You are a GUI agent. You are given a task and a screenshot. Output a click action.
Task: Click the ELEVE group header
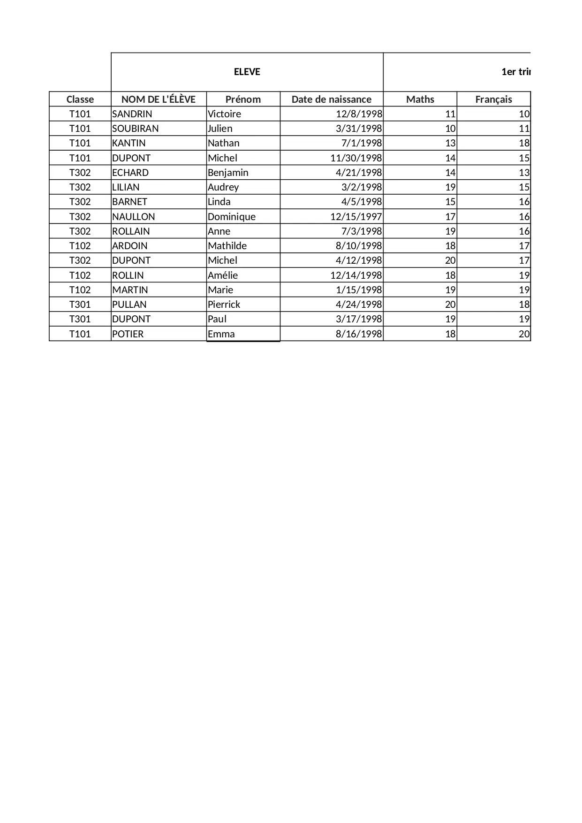click(x=247, y=72)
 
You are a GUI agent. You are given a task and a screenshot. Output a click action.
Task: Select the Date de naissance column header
click(x=331, y=99)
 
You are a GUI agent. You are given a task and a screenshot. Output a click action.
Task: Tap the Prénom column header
click(x=243, y=99)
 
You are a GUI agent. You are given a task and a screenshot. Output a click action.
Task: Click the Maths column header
click(x=420, y=99)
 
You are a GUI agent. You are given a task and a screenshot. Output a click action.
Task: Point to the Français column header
click(x=493, y=99)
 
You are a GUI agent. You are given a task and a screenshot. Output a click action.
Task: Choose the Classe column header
click(x=80, y=99)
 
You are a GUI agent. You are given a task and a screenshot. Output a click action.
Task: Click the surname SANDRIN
click(x=132, y=114)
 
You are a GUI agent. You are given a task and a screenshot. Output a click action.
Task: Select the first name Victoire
click(x=225, y=114)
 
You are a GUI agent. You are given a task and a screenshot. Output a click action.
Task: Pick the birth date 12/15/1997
click(x=356, y=217)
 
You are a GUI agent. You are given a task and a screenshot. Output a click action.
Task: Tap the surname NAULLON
click(x=134, y=217)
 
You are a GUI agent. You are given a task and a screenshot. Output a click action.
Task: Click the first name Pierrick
click(x=224, y=305)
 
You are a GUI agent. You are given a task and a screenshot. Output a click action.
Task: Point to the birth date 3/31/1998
click(x=359, y=129)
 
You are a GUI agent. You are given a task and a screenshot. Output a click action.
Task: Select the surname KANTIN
click(x=129, y=143)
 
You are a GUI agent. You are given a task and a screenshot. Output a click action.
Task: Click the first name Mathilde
click(x=227, y=246)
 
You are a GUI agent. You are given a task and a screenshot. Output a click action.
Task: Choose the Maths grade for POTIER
click(x=450, y=334)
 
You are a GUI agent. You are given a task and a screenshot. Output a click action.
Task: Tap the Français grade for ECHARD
click(x=524, y=173)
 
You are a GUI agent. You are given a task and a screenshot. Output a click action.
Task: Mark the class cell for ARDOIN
click(x=80, y=246)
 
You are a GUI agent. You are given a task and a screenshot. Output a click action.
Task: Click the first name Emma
click(x=221, y=334)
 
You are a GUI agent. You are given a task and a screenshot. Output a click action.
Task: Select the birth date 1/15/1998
click(x=359, y=290)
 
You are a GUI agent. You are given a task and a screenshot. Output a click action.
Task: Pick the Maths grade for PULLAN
click(x=450, y=305)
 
